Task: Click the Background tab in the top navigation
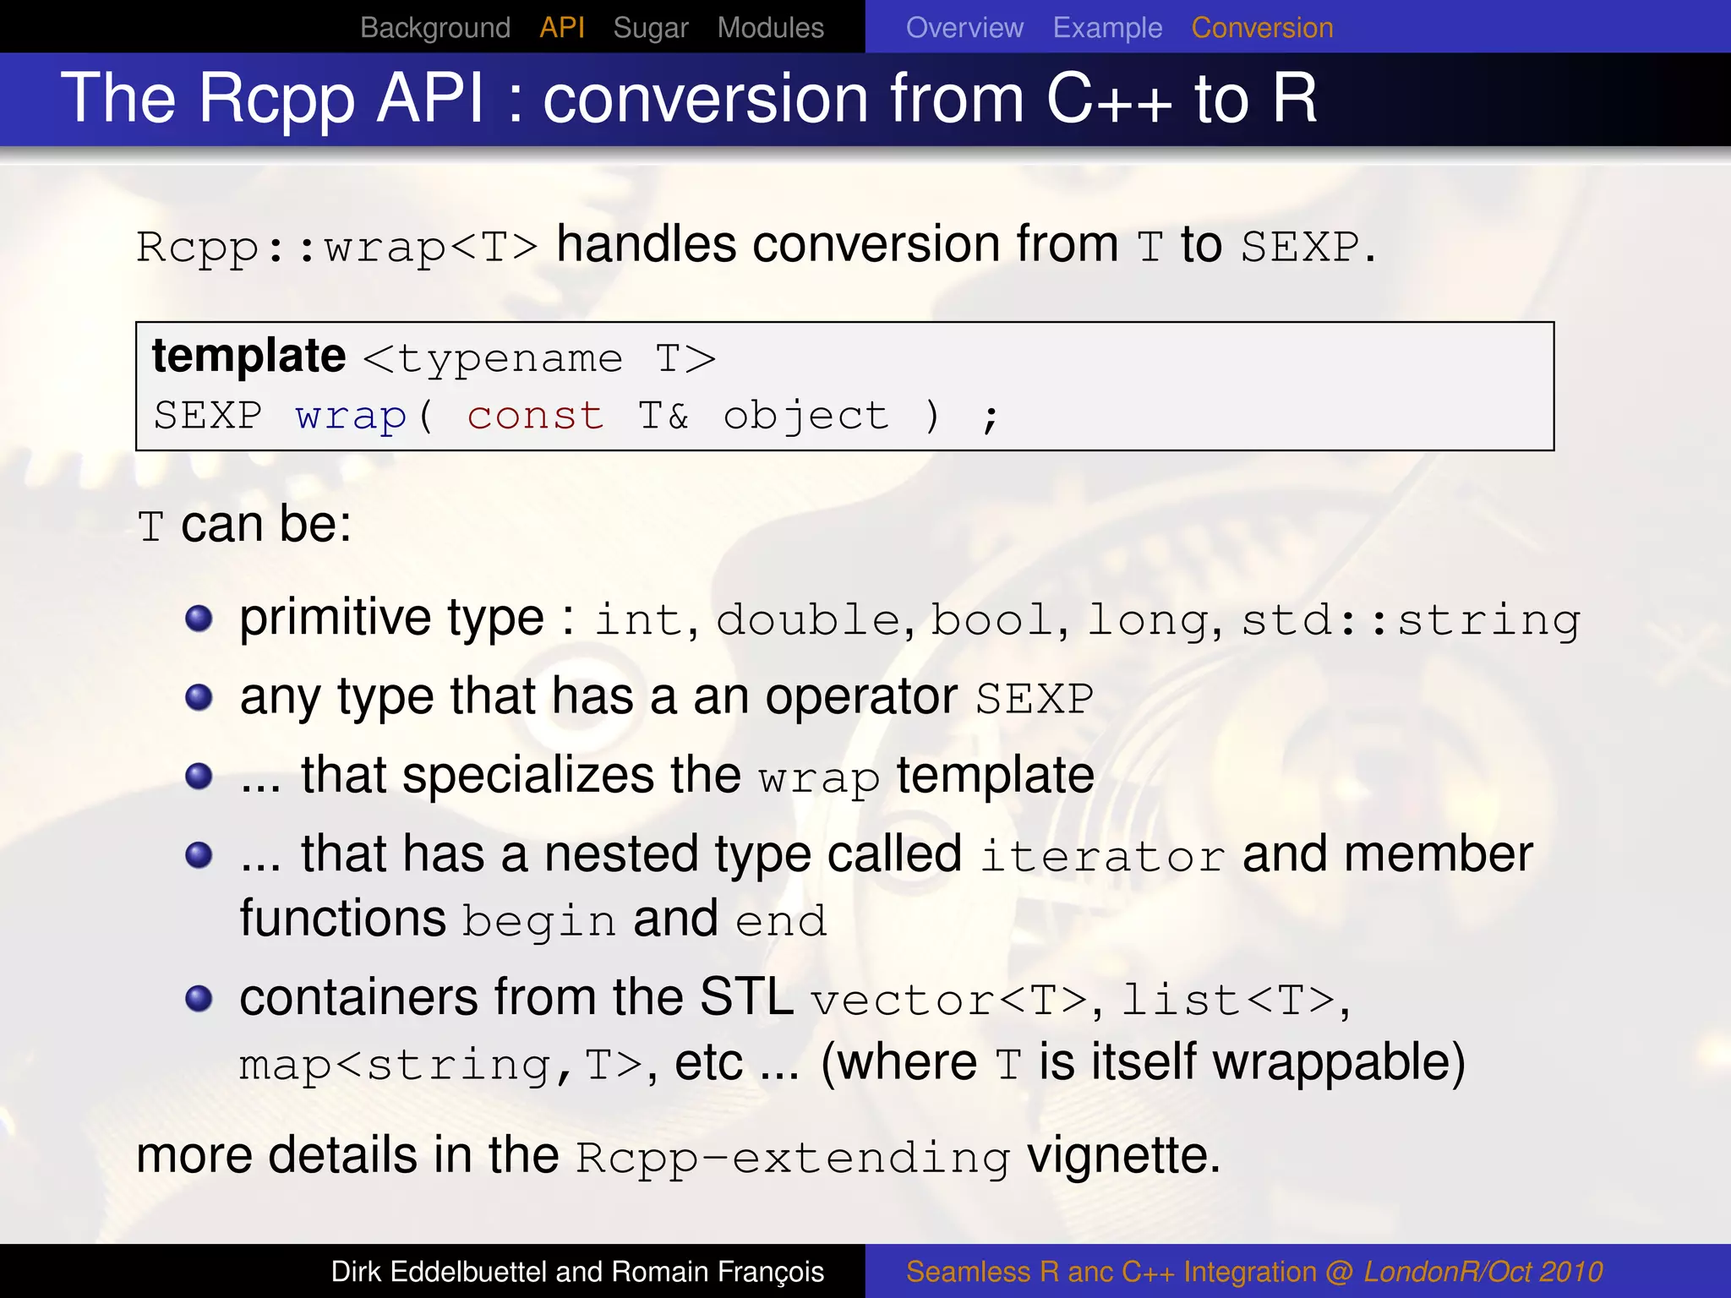434,28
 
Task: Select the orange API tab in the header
562,28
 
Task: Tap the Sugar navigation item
650,28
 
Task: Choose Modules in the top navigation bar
770,28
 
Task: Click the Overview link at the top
964,28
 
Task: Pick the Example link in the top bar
1107,28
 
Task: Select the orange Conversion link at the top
1262,28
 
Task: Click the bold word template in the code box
248,356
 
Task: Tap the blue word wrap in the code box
351,416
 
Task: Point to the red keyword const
535,416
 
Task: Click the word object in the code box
805,416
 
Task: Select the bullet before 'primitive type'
199,619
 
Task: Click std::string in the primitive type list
1410,620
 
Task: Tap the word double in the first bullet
808,620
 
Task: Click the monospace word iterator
1102,857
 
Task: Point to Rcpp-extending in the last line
792,1158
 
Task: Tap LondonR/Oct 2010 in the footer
1483,1272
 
